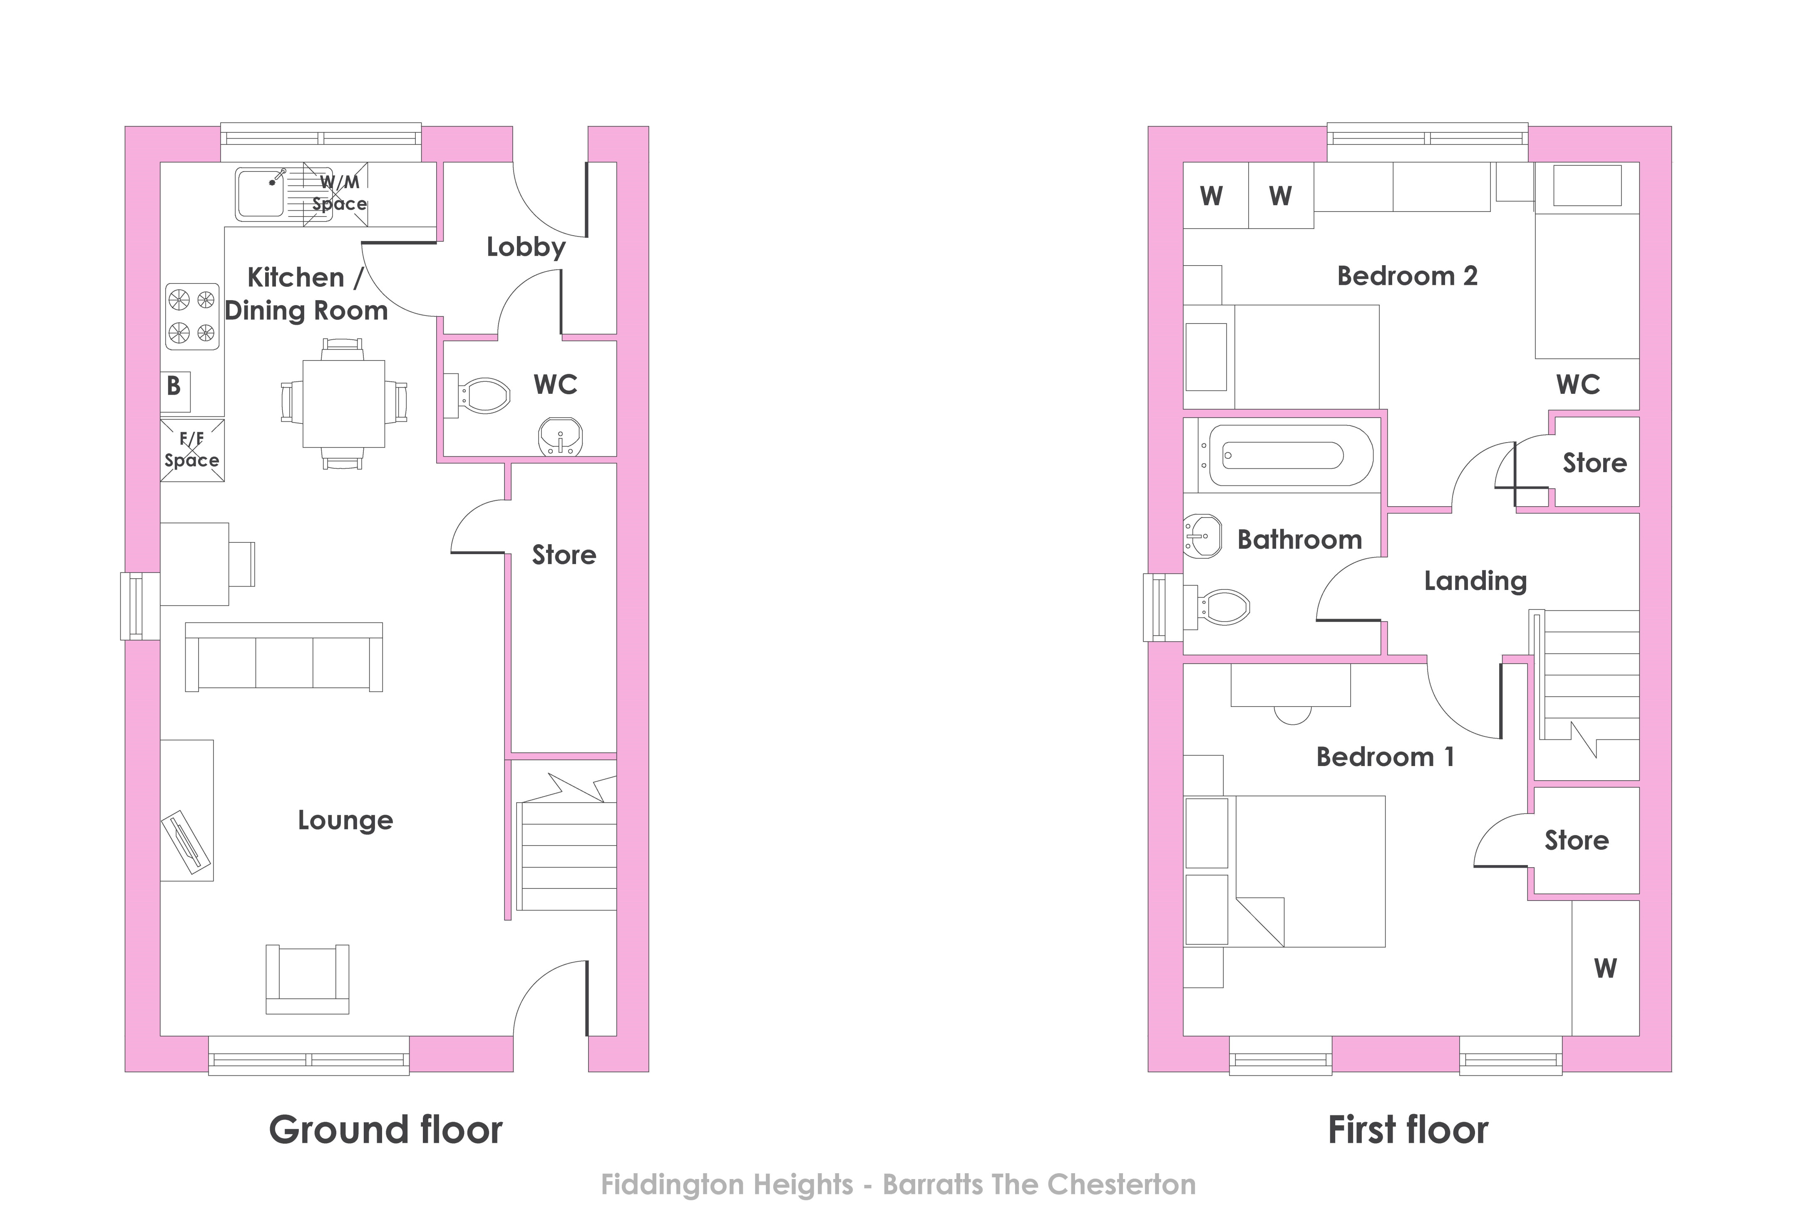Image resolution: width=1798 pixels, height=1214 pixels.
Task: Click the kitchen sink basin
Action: pyautogui.click(x=261, y=194)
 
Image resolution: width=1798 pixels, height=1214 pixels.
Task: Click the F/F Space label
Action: pyautogui.click(x=192, y=450)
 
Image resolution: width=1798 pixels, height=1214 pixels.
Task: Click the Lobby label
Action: pyautogui.click(x=526, y=247)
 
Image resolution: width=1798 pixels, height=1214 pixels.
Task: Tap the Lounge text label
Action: pyautogui.click(x=346, y=820)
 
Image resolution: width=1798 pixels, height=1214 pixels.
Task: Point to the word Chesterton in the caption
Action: pyautogui.click(x=1121, y=1184)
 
